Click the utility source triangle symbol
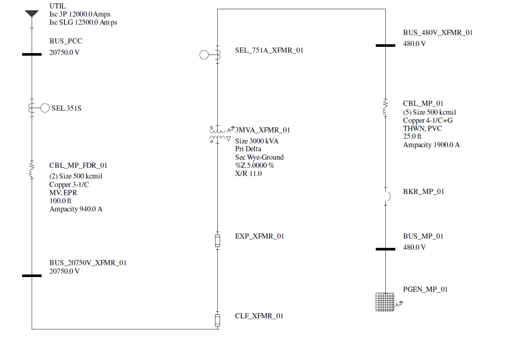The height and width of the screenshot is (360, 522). pyautogui.click(x=32, y=13)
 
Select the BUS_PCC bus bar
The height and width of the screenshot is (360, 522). pyautogui.click(x=32, y=55)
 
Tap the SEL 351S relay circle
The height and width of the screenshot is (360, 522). pyautogui.click(x=45, y=108)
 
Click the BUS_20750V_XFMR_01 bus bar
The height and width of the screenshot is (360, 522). pyautogui.click(x=32, y=275)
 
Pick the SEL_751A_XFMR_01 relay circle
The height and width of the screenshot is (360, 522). pyautogui.click(x=204, y=55)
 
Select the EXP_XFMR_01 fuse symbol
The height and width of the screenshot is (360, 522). pyautogui.click(x=217, y=241)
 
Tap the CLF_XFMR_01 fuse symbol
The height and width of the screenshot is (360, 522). pyautogui.click(x=217, y=320)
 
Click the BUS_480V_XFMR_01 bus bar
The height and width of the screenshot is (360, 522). pyautogui.click(x=385, y=45)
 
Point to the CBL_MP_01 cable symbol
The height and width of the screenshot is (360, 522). pyautogui.click(x=385, y=108)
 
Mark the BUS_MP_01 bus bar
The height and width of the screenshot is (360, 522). pyautogui.click(x=385, y=249)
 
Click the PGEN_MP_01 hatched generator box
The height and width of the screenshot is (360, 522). pyautogui.click(x=385, y=302)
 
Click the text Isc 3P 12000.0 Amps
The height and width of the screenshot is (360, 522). pyautogui.click(x=80, y=14)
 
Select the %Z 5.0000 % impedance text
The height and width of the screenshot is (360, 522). pyautogui.click(x=255, y=166)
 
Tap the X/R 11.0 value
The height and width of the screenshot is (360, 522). pyautogui.click(x=249, y=174)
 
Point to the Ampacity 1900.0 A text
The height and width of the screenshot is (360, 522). pyautogui.click(x=431, y=145)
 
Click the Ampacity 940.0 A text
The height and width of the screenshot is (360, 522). pyautogui.click(x=76, y=209)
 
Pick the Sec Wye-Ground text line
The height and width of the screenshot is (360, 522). pyautogui.click(x=259, y=157)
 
